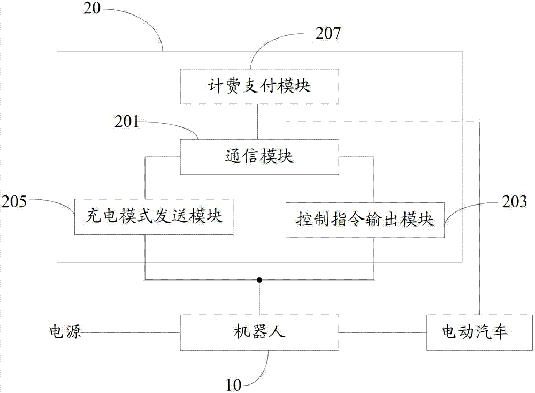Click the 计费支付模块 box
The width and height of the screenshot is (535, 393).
259,86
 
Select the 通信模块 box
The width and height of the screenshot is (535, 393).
259,157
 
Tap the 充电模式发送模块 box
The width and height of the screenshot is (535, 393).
154,216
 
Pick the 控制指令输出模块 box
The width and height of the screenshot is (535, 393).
365,220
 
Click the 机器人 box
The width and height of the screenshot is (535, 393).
259,332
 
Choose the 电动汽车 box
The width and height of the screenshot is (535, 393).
479,332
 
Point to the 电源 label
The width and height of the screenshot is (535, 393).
65,331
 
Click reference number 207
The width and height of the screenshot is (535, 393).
328,33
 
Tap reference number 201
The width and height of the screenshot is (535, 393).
127,122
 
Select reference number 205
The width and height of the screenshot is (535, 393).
14,201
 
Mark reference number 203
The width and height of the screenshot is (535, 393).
514,202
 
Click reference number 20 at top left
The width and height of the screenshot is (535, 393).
92,8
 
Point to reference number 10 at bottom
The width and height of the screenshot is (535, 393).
233,385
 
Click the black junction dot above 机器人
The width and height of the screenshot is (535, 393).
259,280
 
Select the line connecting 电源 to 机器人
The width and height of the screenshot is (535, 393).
131,332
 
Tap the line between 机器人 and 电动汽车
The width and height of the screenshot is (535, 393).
383,332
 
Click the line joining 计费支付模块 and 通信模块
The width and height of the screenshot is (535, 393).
258,122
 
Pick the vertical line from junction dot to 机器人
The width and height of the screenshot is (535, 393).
259,297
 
